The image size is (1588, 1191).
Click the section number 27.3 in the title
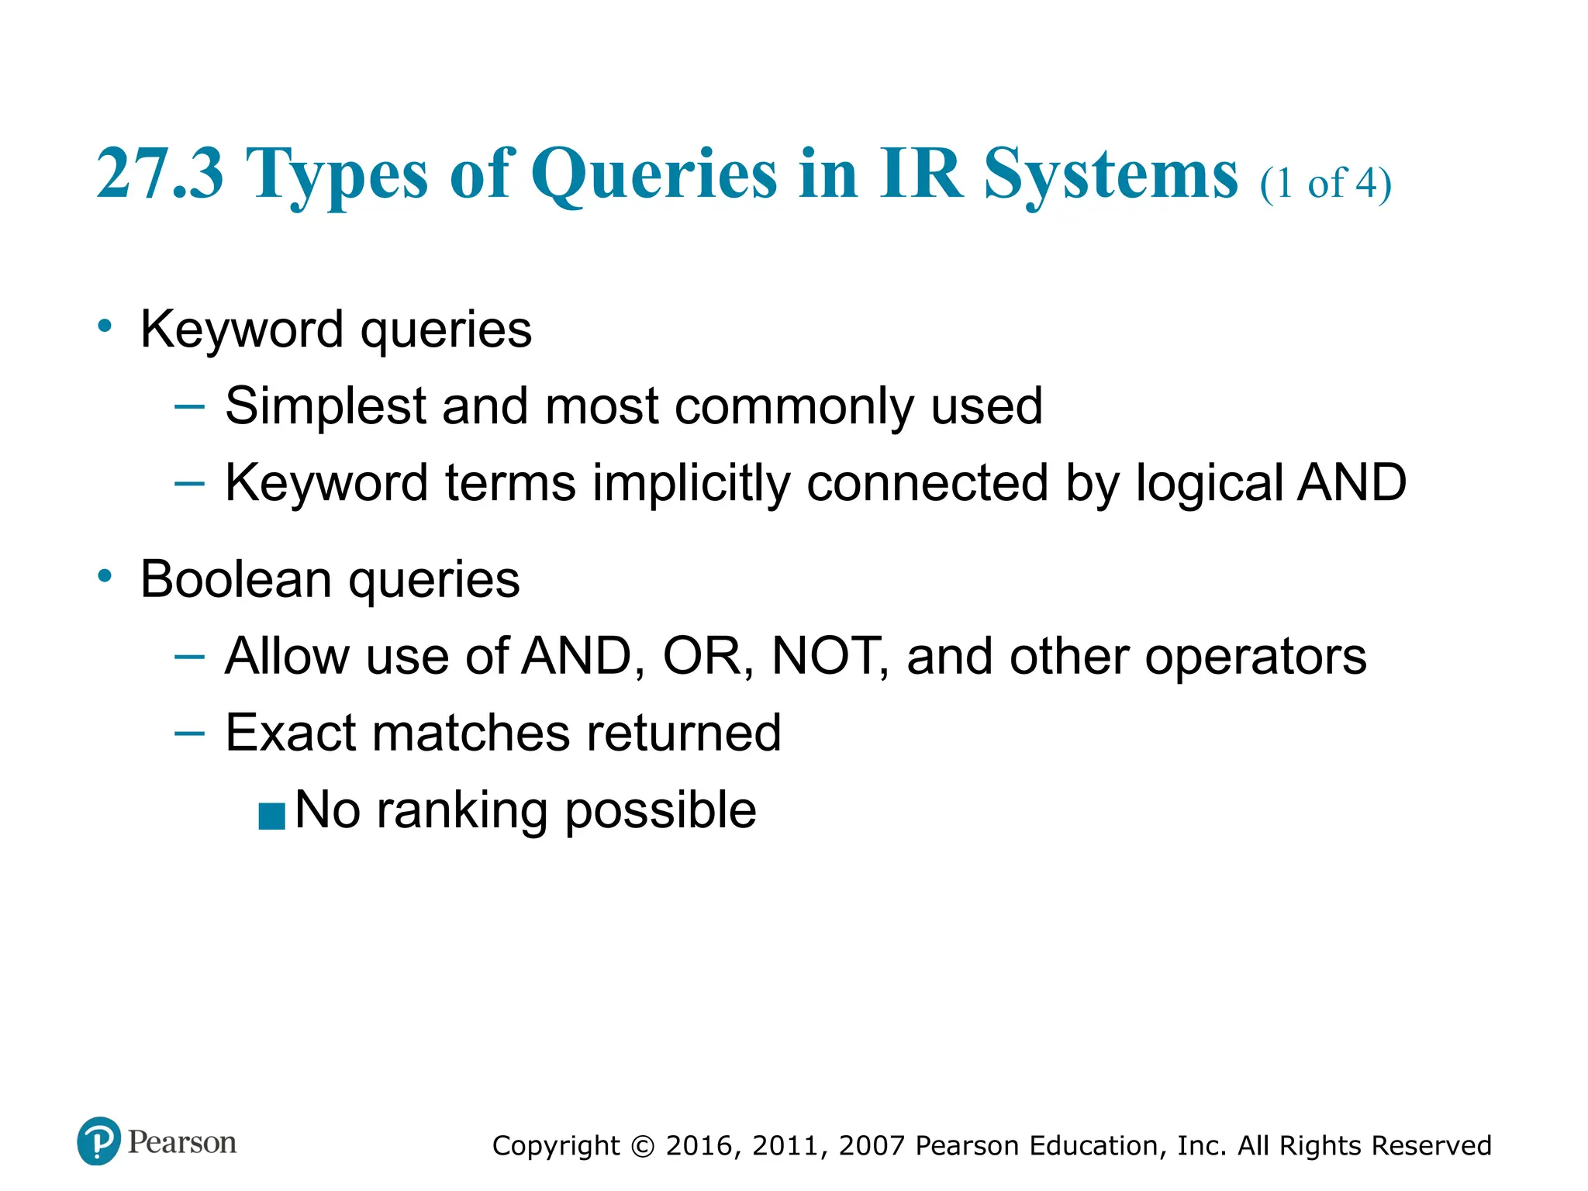point(160,174)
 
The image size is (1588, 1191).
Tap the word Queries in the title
point(654,175)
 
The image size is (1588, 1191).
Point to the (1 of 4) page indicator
point(1325,184)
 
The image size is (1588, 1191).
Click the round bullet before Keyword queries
point(105,326)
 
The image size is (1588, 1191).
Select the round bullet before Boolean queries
point(105,576)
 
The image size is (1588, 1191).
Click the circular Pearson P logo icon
point(99,1141)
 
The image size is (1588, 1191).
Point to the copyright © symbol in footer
point(643,1146)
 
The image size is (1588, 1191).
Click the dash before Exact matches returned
point(189,732)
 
